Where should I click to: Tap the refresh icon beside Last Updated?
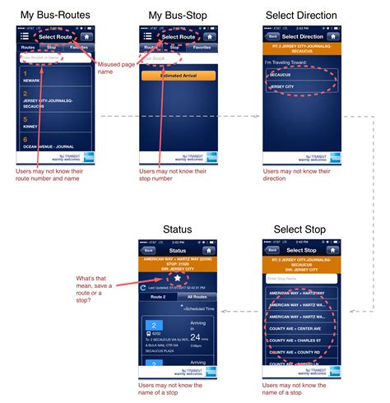click(x=146, y=288)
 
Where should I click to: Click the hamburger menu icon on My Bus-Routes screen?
click(x=24, y=36)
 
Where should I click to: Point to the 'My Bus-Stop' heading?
click(x=177, y=15)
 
